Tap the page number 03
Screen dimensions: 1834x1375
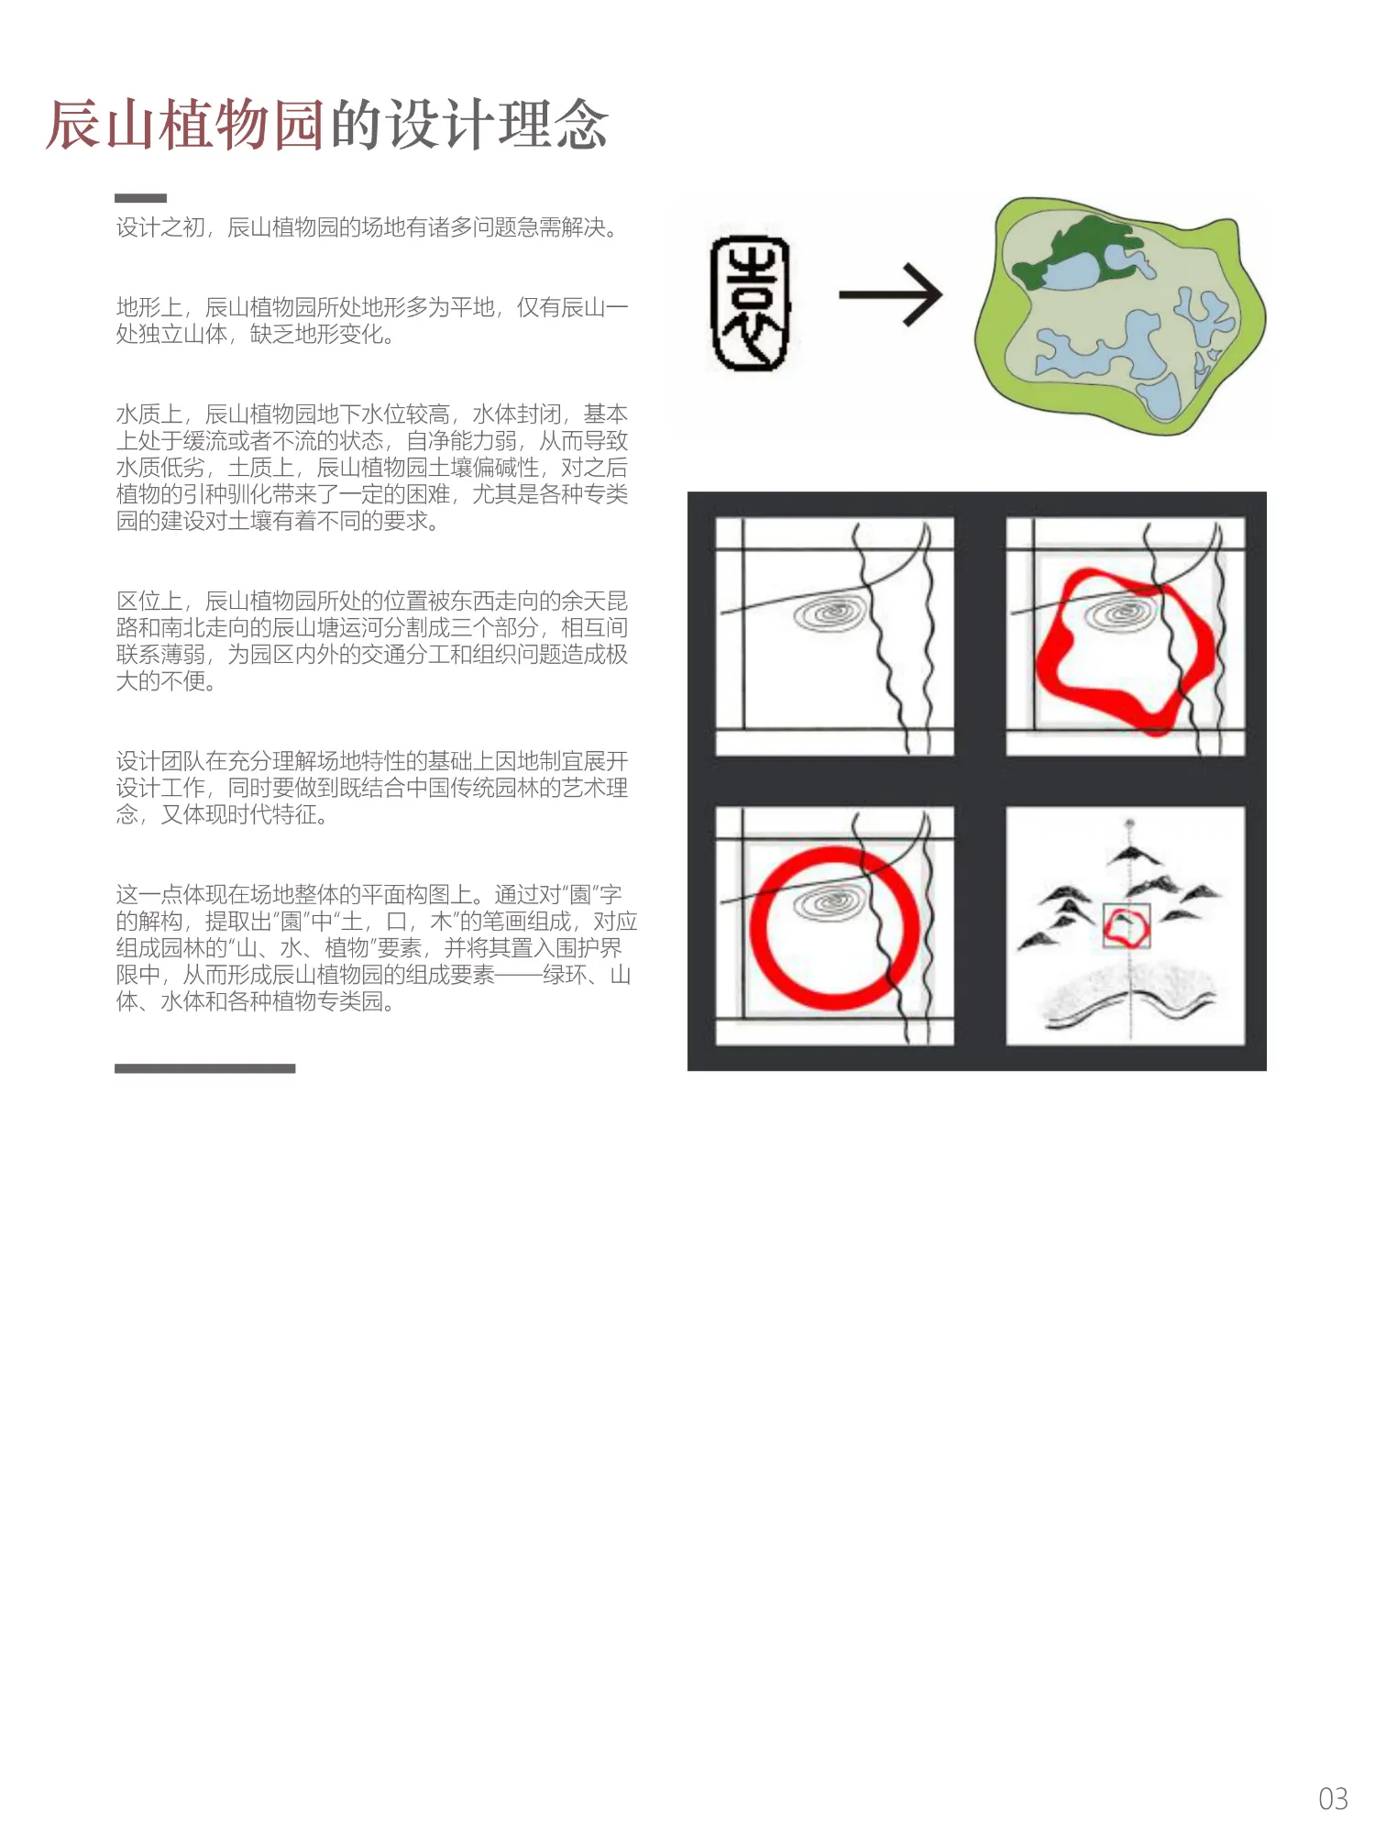[1333, 1799]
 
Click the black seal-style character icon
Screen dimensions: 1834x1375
[751, 304]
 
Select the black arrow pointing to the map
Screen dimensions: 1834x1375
[890, 294]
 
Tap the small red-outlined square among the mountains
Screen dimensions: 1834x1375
[1126, 925]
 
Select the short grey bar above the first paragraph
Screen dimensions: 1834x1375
[140, 198]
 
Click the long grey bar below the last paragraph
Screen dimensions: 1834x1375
[204, 1068]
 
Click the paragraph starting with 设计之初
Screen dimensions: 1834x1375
[367, 227]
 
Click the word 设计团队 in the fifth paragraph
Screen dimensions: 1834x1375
[160, 761]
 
